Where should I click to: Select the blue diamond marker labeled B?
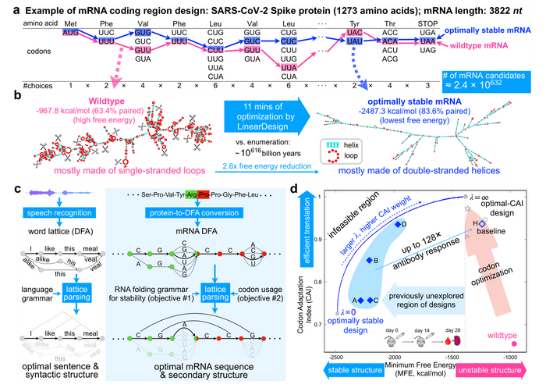tap(370, 260)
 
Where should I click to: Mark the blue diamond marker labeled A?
tap(361, 301)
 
